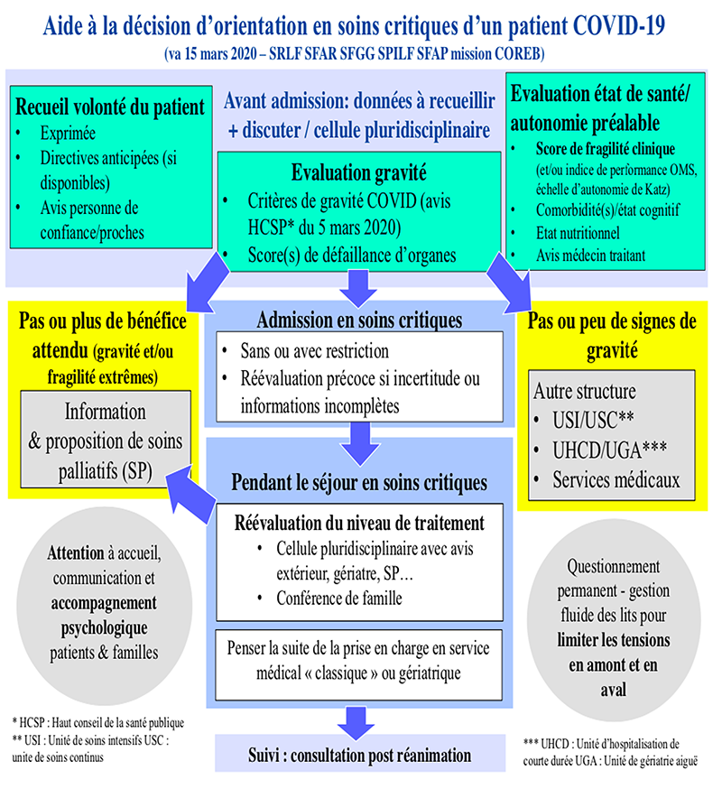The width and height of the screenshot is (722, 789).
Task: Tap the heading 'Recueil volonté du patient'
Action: point(110,107)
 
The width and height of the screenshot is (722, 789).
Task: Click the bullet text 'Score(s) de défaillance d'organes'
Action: point(352,255)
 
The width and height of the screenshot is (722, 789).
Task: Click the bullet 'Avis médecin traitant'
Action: point(590,255)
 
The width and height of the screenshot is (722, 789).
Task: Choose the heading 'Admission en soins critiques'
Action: point(359,320)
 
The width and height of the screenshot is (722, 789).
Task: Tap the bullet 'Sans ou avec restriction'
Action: point(318,349)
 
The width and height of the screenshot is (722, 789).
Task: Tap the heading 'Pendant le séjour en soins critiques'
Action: point(359,483)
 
